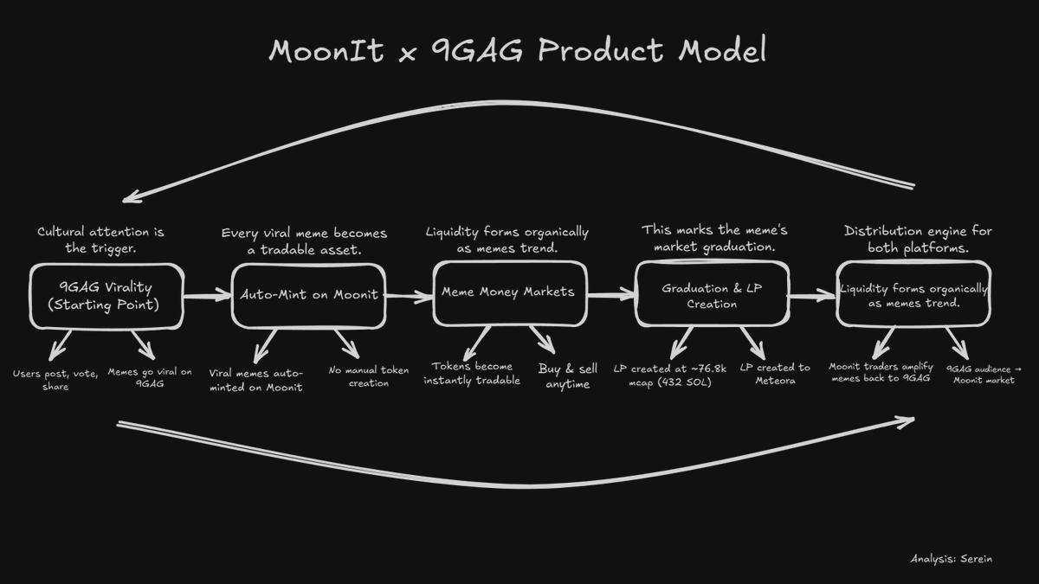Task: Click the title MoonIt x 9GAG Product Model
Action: click(x=518, y=50)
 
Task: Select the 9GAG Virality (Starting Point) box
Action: click(x=106, y=297)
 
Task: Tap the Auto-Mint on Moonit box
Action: click(x=309, y=294)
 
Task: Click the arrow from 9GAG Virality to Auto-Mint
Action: click(x=208, y=297)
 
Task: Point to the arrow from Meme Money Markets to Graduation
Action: click(x=610, y=295)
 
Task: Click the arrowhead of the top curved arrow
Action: click(x=130, y=198)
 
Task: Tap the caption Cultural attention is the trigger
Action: click(x=100, y=240)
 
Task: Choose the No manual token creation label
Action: click(x=369, y=376)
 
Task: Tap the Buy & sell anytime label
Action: click(x=568, y=376)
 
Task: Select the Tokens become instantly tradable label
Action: click(x=473, y=373)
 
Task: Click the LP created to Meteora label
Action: click(x=775, y=374)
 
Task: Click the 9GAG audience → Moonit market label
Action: click(x=984, y=375)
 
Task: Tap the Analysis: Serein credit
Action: click(x=951, y=559)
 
